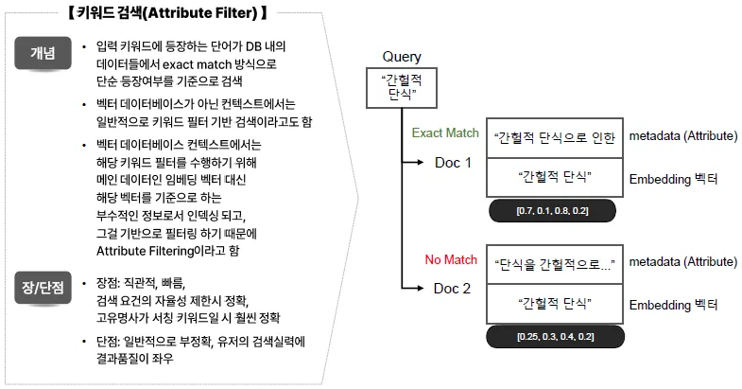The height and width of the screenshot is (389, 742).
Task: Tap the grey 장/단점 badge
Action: coord(42,282)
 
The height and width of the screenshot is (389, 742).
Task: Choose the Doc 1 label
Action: coord(453,162)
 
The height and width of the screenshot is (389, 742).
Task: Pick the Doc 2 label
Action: coord(453,288)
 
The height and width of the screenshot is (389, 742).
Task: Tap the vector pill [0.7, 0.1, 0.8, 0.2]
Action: coord(553,209)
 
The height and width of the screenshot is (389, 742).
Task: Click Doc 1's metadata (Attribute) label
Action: coord(682,136)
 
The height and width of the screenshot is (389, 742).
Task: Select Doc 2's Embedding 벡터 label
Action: coord(673,305)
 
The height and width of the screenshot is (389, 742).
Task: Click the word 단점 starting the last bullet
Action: coord(111,342)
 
